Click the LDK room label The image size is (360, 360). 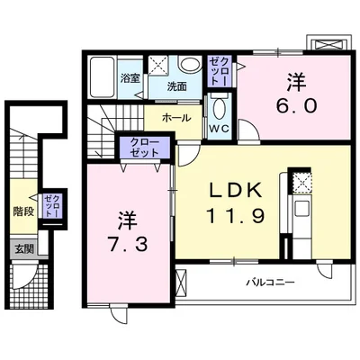pyautogui.click(x=236, y=190)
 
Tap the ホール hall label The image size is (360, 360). pyautogui.click(x=175, y=117)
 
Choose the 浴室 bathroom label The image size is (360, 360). pyautogui.click(x=130, y=78)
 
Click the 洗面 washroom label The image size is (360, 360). pyautogui.click(x=176, y=86)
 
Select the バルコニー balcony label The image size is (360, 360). pyautogui.click(x=272, y=283)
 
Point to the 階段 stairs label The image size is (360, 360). pyautogui.click(x=23, y=212)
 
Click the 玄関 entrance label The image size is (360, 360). pyautogui.click(x=22, y=247)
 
